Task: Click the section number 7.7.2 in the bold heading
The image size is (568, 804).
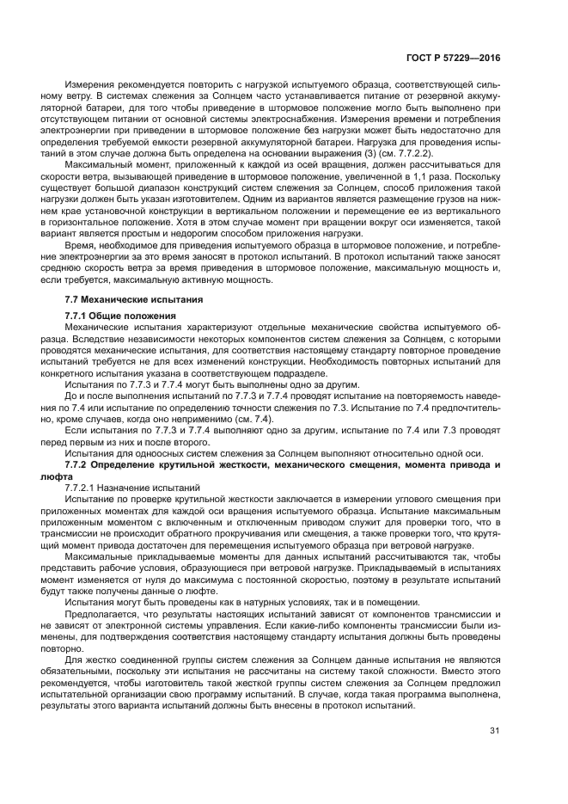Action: tap(80, 464)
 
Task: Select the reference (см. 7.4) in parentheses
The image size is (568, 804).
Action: tap(251, 419)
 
